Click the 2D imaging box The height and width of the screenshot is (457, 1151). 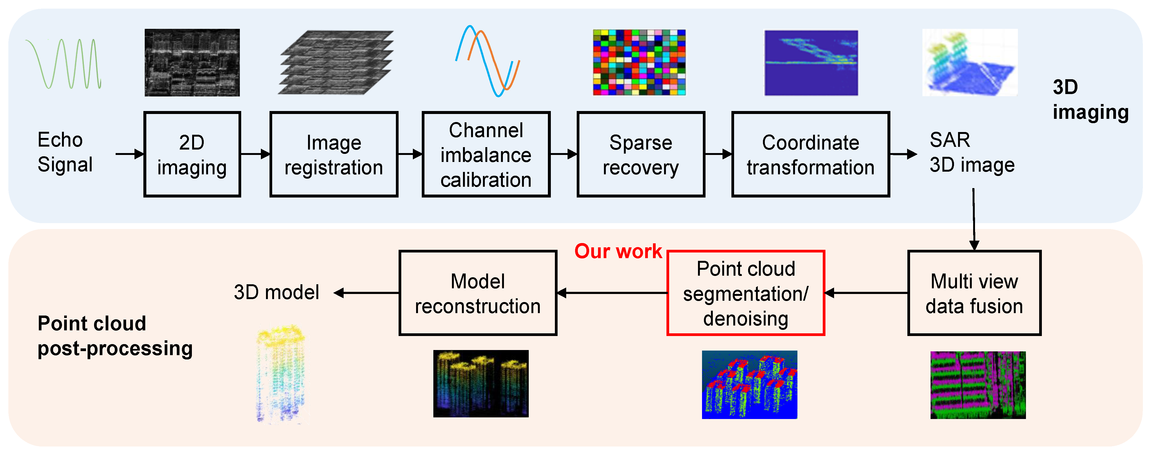pyautogui.click(x=192, y=154)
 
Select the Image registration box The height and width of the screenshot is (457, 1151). pyautogui.click(x=334, y=154)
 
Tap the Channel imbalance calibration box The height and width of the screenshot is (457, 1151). pyautogui.click(x=486, y=154)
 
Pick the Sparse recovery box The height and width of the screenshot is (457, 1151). pyautogui.click(x=641, y=154)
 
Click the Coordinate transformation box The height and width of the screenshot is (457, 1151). pyautogui.click(x=811, y=154)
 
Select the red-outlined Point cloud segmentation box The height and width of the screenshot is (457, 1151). pyautogui.click(x=745, y=293)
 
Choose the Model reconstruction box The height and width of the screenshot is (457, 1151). pyautogui.click(x=478, y=293)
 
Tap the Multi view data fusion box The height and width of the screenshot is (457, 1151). pyautogui.click(x=974, y=293)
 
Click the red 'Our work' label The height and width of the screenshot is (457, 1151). pyautogui.click(x=618, y=251)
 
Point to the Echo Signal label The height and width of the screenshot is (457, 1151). pyautogui.click(x=65, y=152)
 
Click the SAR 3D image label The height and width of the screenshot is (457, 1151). pyautogui.click(x=972, y=152)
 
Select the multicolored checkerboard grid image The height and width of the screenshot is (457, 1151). pyautogui.click(x=639, y=63)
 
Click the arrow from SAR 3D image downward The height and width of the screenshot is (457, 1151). pyautogui.click(x=974, y=219)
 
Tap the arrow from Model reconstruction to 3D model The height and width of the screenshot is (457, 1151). pyautogui.click(x=367, y=293)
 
